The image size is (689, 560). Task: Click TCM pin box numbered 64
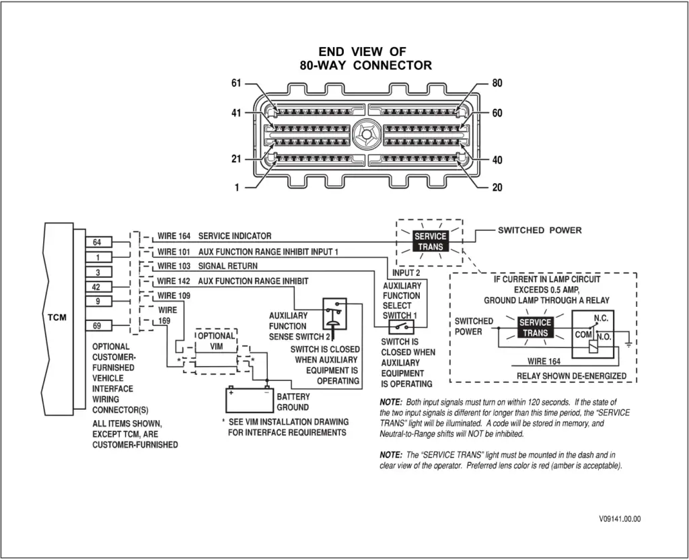click(x=98, y=242)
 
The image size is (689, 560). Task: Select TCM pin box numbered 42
click(x=98, y=287)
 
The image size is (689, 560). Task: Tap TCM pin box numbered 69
click(x=98, y=326)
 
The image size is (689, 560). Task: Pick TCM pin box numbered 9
click(x=98, y=302)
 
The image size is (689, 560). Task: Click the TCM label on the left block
click(x=58, y=317)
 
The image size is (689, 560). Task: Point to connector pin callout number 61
click(x=235, y=83)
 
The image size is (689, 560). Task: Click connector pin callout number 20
click(x=497, y=188)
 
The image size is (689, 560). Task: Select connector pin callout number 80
click(x=497, y=83)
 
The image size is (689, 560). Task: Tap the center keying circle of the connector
click(x=366, y=133)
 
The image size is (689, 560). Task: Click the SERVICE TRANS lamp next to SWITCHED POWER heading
click(x=430, y=242)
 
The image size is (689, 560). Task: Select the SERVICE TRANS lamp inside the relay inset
click(x=535, y=328)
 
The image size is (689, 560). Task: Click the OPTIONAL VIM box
click(x=216, y=341)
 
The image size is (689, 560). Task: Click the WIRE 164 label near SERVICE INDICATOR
click(x=174, y=236)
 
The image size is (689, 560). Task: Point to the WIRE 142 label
click(x=174, y=281)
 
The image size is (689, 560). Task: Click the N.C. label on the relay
click(x=601, y=318)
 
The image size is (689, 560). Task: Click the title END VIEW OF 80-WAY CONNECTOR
click(x=365, y=59)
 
